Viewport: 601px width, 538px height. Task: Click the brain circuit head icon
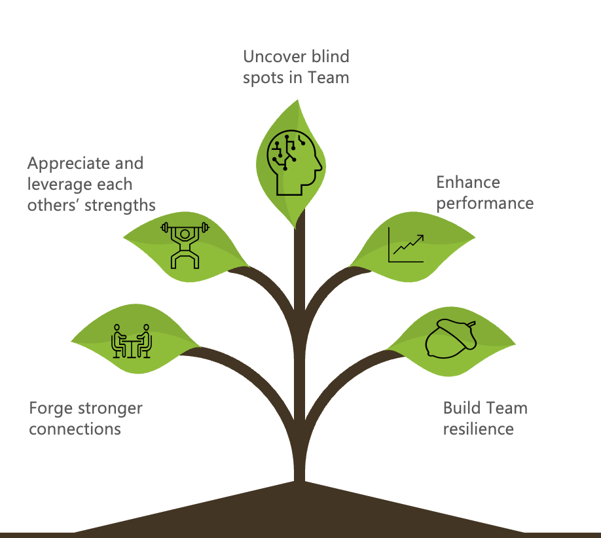(x=294, y=161)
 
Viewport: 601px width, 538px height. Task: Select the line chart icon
(x=406, y=245)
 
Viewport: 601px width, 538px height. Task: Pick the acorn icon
(x=451, y=338)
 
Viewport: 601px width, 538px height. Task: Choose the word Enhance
(x=468, y=182)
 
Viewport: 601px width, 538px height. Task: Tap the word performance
(x=485, y=203)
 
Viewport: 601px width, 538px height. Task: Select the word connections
(x=75, y=429)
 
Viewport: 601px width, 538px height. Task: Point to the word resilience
(x=478, y=429)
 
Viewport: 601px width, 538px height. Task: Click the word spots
(x=264, y=77)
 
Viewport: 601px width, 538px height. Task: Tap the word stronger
(x=110, y=409)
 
